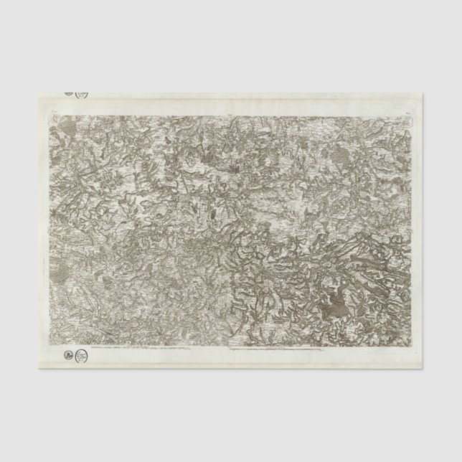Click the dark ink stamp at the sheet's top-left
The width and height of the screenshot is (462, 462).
point(67,93)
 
